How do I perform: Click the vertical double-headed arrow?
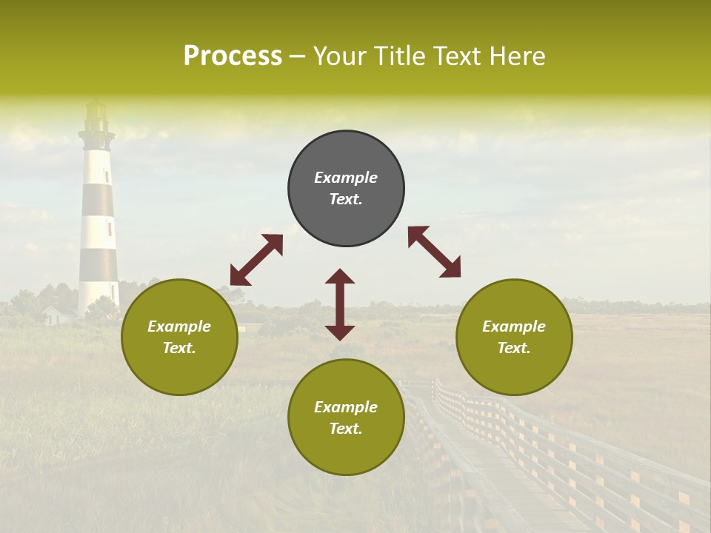340,304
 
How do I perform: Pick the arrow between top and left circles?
256,260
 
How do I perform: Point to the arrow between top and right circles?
435,252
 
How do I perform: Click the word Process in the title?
233,56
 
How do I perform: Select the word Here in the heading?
517,56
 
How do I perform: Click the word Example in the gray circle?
346,178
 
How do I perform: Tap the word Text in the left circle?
179,348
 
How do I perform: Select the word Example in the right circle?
514,326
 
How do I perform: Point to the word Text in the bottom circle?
346,429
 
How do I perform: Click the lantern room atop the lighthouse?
96,115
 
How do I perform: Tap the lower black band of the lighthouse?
99,264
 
